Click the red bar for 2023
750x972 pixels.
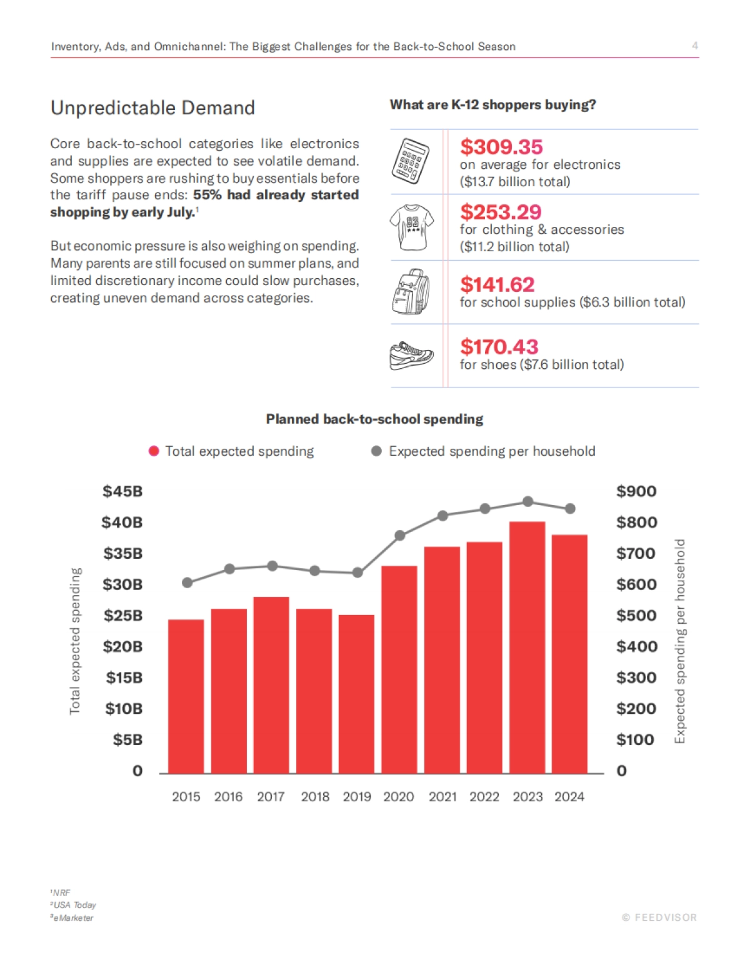click(x=527, y=647)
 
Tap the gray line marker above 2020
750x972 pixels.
click(x=400, y=536)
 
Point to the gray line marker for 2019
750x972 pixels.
click(x=357, y=573)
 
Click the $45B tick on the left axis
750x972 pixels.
click(x=122, y=491)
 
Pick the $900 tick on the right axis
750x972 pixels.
click(x=636, y=491)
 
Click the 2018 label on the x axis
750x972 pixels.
click(x=315, y=797)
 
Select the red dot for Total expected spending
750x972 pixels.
click(x=154, y=451)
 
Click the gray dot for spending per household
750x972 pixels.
click(x=376, y=451)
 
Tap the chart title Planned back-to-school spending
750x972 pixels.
click(x=374, y=419)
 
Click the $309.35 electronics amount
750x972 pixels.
click(x=501, y=147)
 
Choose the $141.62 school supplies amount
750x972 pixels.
click(x=497, y=284)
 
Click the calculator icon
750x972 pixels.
click(x=411, y=161)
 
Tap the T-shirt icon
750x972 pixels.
click(x=412, y=227)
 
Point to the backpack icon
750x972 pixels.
click(x=411, y=292)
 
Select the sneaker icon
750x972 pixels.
click(x=411, y=356)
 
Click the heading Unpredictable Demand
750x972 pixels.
click(x=152, y=108)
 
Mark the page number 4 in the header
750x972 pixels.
click(x=694, y=46)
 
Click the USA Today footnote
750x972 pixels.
click(x=73, y=905)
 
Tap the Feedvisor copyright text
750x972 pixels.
click(x=659, y=918)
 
